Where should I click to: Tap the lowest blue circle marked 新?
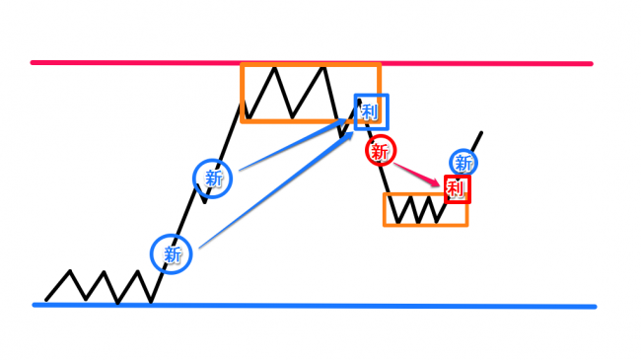(174, 253)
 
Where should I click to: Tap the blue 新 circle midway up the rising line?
(213, 177)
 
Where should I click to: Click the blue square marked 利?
(372, 111)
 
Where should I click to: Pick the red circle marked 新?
(382, 151)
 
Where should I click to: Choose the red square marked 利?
(457, 188)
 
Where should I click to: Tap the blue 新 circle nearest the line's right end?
(463, 162)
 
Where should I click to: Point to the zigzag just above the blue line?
(99, 286)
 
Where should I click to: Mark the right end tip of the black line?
(482, 132)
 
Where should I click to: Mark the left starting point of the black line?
(46, 300)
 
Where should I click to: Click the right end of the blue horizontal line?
(594, 306)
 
